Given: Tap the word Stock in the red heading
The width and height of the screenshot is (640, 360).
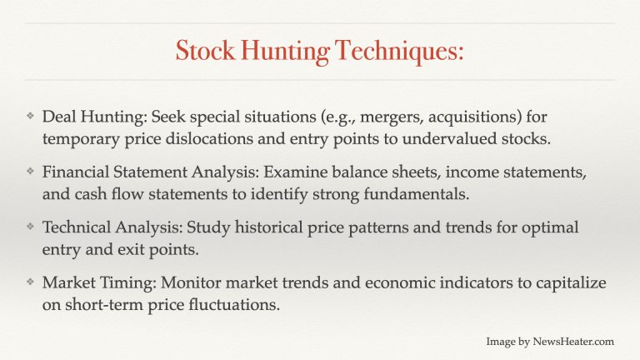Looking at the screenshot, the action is (x=205, y=50).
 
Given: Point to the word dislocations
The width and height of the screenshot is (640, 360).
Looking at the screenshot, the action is (x=209, y=139).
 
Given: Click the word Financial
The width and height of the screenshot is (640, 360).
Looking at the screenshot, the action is (x=76, y=172).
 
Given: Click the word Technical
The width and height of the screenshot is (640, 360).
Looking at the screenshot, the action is (x=77, y=227).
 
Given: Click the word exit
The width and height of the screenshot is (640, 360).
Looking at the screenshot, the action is (x=130, y=249).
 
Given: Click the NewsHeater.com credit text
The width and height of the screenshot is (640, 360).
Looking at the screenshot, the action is (x=550, y=341).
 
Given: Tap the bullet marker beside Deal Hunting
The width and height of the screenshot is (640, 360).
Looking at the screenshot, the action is (x=30, y=117).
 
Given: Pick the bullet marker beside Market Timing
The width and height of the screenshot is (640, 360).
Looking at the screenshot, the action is (x=30, y=282).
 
